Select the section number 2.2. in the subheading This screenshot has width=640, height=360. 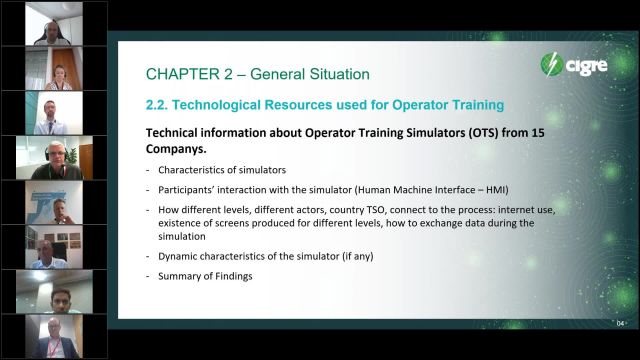(x=162, y=105)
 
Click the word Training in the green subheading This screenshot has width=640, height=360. (x=466, y=105)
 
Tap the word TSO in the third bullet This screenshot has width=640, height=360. (x=384, y=209)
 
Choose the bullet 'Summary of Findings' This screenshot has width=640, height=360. (x=201, y=275)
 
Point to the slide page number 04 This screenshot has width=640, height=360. (x=620, y=322)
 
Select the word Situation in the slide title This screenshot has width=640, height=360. (x=330, y=74)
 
